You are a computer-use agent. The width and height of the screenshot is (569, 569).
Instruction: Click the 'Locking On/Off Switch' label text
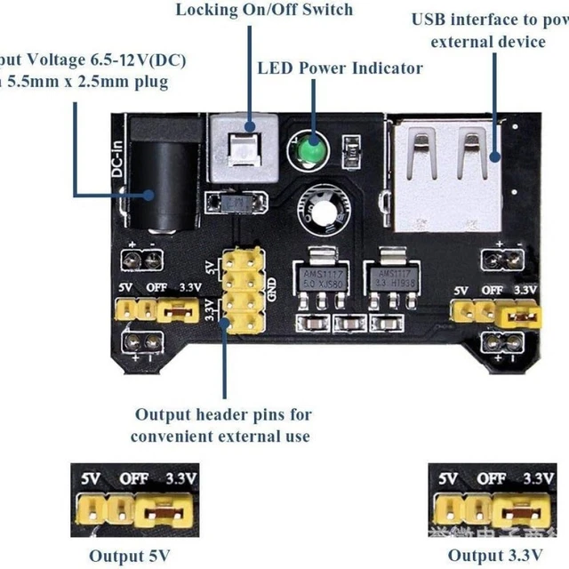(264, 11)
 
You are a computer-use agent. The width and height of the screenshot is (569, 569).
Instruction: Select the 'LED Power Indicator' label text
(340, 68)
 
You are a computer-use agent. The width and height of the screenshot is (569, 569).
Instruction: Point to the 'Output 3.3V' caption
(493, 556)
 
